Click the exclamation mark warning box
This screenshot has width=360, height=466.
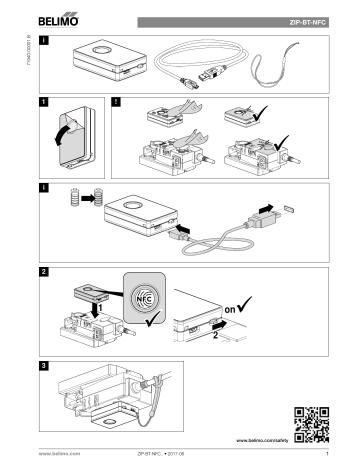click(x=120, y=101)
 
